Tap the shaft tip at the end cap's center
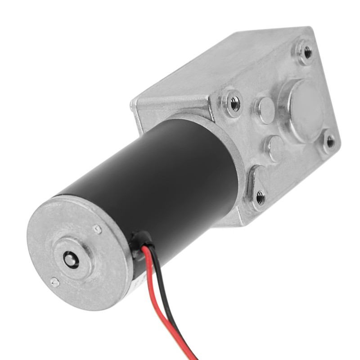pos(70,260)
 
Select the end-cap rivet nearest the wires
pos(97,229)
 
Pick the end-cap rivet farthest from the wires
pos(54,282)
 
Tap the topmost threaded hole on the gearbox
pos(308,53)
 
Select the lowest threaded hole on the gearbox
pos(260,197)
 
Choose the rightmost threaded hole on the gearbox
pos(330,142)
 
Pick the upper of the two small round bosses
pos(266,110)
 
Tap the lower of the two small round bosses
pos(274,147)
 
